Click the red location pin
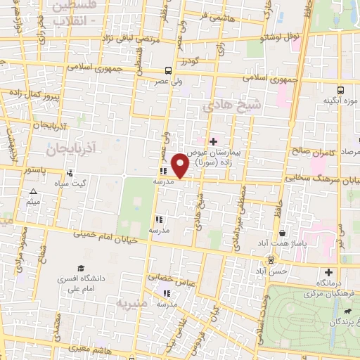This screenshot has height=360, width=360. click(181, 165)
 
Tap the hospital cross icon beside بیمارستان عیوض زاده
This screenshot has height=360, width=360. click(213, 142)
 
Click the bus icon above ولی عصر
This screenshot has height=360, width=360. click(167, 70)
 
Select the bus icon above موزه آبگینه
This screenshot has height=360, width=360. click(340, 90)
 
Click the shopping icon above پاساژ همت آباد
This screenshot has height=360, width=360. click(282, 233)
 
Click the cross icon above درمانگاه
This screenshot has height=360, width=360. click(328, 272)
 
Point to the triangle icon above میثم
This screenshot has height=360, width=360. click(32, 192)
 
